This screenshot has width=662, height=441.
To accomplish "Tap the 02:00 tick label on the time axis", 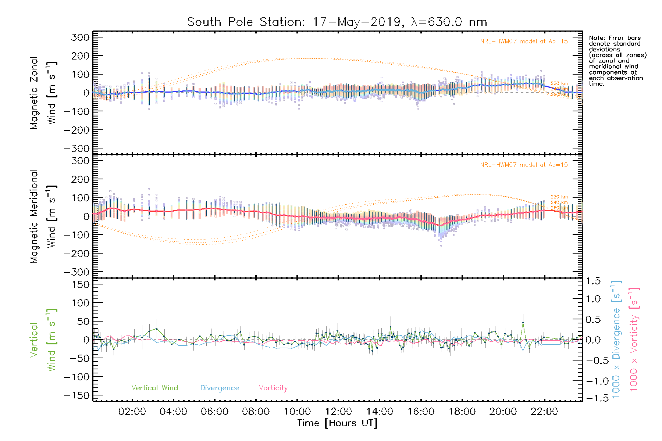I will click(x=132, y=412).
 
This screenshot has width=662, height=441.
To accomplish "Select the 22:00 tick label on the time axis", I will click(x=544, y=412).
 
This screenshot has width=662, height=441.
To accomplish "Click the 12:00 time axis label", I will click(x=338, y=412).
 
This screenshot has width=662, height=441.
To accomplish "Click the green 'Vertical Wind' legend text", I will click(x=154, y=388).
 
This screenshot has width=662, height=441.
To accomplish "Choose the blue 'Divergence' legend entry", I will click(x=220, y=388).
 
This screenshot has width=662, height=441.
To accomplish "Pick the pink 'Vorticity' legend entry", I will click(x=273, y=388).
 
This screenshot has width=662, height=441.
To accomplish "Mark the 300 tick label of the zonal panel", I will click(x=80, y=37).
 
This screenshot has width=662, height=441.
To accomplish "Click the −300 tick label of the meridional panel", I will click(x=76, y=272).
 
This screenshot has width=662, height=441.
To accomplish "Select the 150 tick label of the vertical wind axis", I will click(x=80, y=284).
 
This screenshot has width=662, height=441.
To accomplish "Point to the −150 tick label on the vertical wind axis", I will click(x=76, y=395).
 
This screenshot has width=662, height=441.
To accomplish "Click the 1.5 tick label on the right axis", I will click(x=593, y=281).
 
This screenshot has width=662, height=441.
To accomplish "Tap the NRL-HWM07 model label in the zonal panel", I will click(x=524, y=42).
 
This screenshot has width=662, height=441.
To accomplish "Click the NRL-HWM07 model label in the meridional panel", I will click(x=524, y=165).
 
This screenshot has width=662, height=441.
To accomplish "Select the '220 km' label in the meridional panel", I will click(x=559, y=197).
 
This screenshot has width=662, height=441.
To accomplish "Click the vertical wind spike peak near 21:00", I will click(x=523, y=323).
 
